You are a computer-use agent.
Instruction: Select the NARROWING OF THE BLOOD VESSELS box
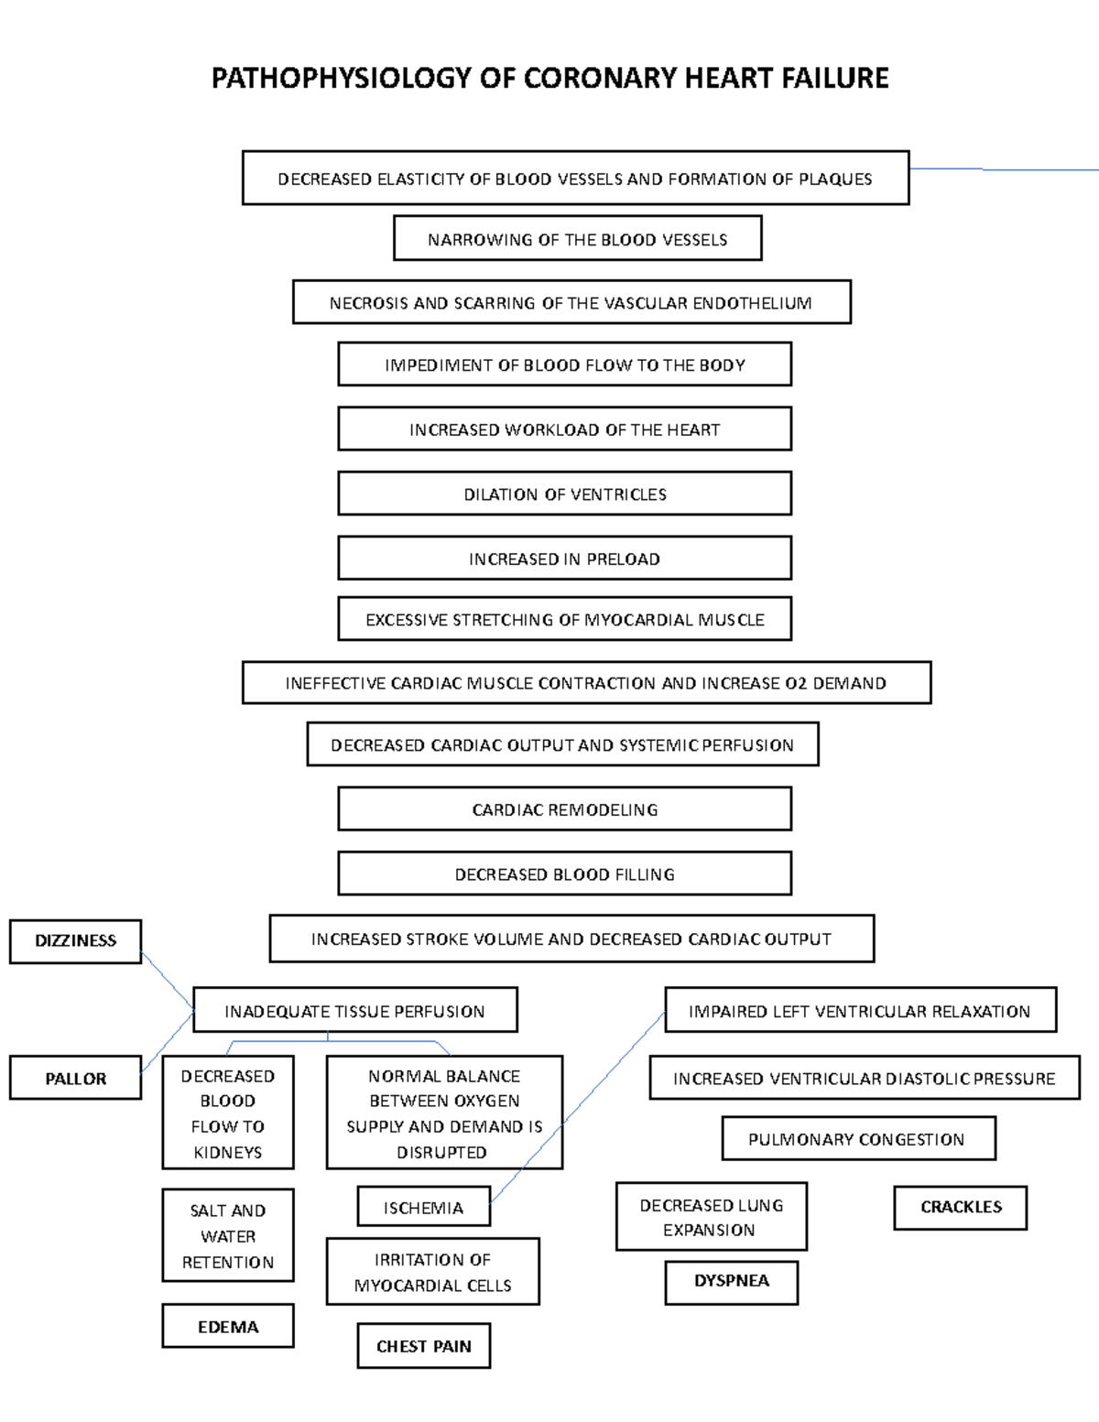[577, 239]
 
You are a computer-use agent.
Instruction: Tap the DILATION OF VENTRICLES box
[564, 494]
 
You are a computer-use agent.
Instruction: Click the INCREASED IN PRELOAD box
[564, 559]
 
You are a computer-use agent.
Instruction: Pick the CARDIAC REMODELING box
[564, 809]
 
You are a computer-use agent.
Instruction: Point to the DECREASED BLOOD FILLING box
[564, 874]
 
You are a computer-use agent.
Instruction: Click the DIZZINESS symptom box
[75, 941]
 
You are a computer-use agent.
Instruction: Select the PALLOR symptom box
[75, 1079]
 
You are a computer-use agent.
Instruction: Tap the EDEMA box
[228, 1327]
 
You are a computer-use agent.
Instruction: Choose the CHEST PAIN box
[423, 1346]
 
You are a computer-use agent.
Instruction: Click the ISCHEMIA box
[423, 1208]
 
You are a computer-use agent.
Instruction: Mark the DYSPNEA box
[731, 1281]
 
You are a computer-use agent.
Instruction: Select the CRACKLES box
[961, 1207]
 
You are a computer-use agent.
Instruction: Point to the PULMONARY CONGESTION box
[857, 1139]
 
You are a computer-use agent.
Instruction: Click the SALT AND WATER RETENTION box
[228, 1235]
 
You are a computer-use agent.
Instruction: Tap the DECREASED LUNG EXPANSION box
[711, 1217]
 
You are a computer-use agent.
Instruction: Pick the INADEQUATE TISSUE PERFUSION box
[354, 1011]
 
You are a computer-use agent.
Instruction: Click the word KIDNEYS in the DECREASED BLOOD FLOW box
[228, 1152]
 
